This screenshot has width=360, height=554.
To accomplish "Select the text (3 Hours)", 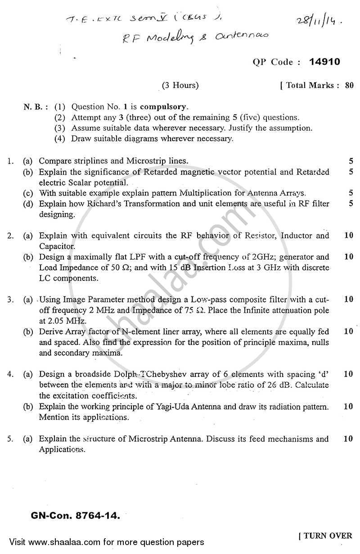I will tap(180, 85).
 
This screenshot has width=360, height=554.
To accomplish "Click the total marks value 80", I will tap(349, 85).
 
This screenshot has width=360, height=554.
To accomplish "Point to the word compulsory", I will tap(164, 107).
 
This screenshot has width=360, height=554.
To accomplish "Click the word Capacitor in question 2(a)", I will tap(57, 246).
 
